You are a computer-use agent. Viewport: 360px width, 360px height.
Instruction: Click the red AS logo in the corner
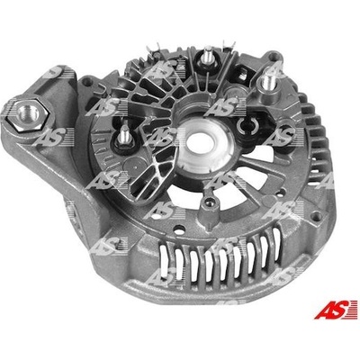(x=336, y=310)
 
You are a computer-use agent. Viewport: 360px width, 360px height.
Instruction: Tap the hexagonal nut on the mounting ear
(x=29, y=114)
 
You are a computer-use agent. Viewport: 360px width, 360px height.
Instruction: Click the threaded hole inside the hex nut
(x=28, y=113)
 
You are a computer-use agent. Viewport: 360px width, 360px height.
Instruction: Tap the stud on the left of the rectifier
(x=123, y=137)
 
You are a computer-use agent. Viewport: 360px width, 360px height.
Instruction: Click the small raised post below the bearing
(x=210, y=207)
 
